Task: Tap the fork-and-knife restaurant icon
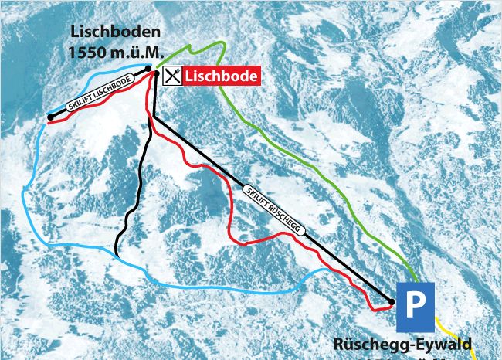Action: (173, 75)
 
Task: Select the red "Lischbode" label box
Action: (221, 76)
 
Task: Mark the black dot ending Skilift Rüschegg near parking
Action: (392, 301)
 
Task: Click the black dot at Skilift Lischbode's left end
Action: (50, 117)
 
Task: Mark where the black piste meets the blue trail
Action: (115, 253)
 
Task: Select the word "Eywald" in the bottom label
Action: (442, 344)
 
